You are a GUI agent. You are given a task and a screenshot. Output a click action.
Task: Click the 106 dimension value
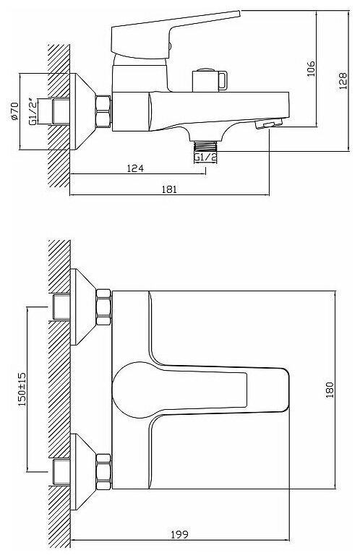point(311,69)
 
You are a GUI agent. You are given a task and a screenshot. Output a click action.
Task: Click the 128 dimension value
point(342,81)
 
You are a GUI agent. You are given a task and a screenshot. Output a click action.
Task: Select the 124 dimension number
point(135,168)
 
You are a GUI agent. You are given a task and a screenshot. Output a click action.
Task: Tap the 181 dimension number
point(169,189)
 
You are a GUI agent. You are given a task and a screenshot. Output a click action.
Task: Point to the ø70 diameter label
point(14,111)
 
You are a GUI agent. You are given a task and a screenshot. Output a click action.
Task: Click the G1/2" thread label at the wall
point(33,111)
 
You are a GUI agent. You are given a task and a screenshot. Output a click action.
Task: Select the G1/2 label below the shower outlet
point(205,157)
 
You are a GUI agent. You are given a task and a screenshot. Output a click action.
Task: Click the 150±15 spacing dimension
point(22,390)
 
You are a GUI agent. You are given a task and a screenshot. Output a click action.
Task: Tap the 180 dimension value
point(330,390)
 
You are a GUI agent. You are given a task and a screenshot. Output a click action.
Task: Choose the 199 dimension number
point(179,535)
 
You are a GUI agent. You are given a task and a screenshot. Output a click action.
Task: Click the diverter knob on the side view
point(210,80)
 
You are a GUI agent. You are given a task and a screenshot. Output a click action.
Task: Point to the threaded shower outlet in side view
point(206,147)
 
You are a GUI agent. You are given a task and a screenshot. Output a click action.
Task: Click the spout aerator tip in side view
point(269,124)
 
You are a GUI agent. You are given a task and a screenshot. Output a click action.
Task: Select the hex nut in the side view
point(103,111)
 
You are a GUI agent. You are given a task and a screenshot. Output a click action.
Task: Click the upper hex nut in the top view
point(103,306)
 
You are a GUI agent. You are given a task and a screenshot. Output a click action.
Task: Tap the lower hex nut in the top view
point(103,472)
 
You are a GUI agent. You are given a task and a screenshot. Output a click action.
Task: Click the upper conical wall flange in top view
point(82,306)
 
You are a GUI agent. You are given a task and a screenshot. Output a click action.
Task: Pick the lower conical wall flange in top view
point(82,472)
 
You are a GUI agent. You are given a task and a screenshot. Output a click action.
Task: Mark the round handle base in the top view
point(132,390)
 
